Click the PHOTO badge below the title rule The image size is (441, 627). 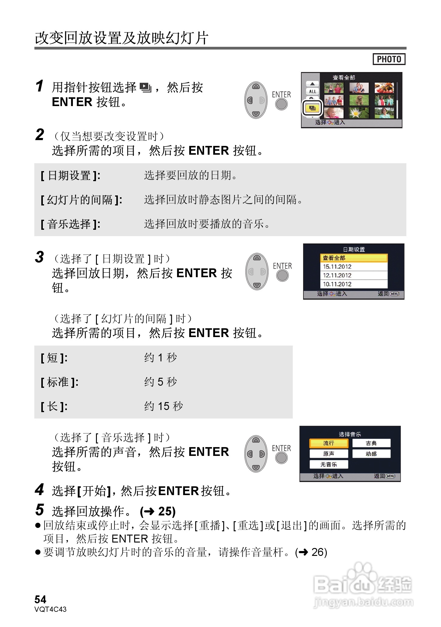click(389, 59)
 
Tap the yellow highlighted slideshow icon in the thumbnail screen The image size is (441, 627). click(312, 108)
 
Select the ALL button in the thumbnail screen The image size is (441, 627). click(312, 91)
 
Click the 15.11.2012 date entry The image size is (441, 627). click(337, 267)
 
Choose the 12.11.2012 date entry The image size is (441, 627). click(337, 275)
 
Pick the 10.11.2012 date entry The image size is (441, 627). click(337, 284)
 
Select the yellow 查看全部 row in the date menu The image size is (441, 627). click(354, 258)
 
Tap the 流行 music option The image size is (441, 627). click(329, 443)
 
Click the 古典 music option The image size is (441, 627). click(371, 443)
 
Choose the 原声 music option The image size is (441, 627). click(329, 454)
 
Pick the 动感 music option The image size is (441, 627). click(371, 454)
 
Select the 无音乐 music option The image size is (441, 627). click(329, 464)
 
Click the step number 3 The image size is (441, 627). click(39, 257)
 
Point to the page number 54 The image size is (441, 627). click(40, 600)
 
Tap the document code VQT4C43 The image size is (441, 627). click(50, 609)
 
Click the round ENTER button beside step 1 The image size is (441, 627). click(281, 105)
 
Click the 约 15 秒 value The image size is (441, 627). click(163, 406)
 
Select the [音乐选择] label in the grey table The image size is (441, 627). click(70, 224)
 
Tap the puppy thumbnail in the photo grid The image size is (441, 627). click(359, 100)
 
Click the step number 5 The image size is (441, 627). click(39, 510)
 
